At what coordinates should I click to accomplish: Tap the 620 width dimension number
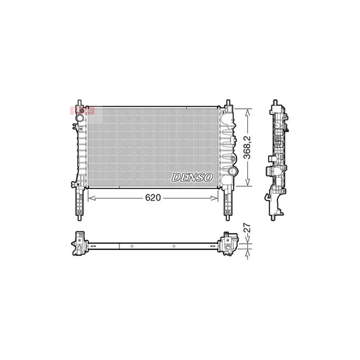153,198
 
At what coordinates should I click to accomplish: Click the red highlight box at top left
81,109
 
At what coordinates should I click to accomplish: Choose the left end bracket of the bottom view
80,243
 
